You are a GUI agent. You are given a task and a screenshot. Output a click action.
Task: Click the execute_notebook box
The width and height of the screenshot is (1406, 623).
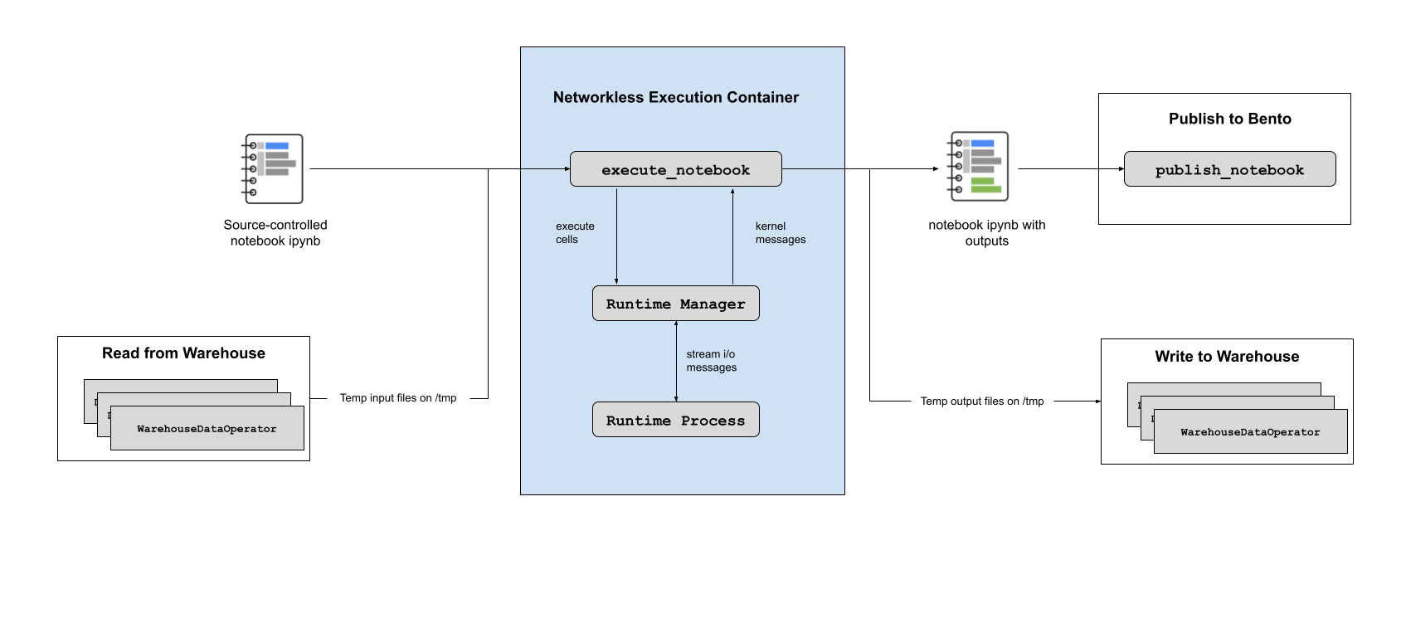click(675, 169)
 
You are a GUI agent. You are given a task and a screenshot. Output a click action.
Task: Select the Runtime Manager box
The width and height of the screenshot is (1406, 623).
click(675, 304)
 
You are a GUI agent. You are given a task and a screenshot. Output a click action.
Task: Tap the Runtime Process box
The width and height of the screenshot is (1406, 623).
click(675, 421)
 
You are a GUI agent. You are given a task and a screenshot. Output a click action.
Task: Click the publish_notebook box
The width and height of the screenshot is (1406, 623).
click(1229, 169)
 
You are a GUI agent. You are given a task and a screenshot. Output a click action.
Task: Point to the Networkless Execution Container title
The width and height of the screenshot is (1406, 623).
click(675, 98)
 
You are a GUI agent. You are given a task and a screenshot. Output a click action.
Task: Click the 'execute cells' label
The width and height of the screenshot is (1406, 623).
click(574, 233)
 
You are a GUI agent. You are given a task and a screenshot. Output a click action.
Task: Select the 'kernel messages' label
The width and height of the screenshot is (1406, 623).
click(780, 233)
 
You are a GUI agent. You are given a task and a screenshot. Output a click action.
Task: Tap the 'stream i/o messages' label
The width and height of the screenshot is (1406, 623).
click(711, 361)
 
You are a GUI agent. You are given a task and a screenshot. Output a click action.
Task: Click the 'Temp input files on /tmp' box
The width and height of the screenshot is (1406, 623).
click(398, 398)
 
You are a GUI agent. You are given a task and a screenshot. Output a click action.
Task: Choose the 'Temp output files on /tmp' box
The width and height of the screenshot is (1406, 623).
click(982, 402)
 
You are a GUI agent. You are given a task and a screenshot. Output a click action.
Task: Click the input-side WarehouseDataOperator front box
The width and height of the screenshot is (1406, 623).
click(207, 429)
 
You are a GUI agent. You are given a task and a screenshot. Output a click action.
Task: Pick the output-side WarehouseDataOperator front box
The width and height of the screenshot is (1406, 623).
click(1250, 432)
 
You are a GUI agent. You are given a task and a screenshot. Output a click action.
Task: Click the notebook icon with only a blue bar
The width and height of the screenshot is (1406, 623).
click(273, 168)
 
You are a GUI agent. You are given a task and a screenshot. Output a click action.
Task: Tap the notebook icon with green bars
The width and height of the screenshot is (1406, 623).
click(978, 167)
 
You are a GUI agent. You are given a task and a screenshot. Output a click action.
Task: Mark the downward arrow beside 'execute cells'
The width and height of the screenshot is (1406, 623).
click(616, 236)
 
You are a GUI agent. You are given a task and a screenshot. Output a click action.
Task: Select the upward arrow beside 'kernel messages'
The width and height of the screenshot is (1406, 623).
click(732, 236)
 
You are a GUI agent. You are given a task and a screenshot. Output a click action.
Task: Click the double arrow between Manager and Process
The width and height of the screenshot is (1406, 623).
click(676, 362)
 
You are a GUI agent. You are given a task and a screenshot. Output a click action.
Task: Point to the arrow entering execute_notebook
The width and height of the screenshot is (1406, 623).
click(545, 169)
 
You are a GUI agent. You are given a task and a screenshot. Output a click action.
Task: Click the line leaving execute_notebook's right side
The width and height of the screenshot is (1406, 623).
click(813, 169)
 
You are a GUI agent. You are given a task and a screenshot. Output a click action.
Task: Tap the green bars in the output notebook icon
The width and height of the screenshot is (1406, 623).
click(985, 185)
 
